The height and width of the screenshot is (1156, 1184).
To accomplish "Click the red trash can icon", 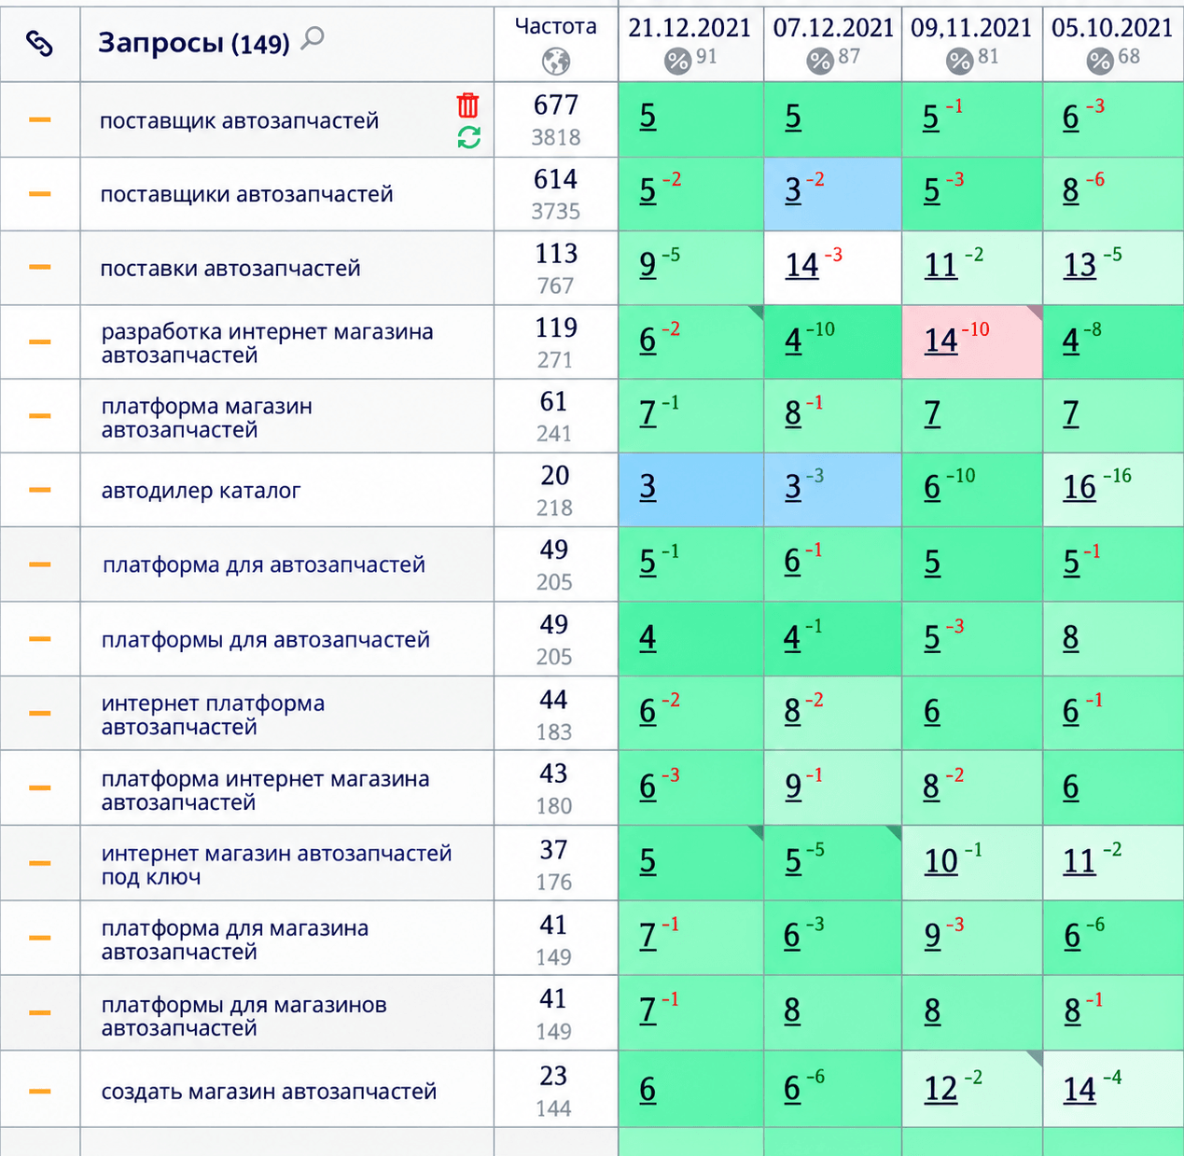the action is point(467,104).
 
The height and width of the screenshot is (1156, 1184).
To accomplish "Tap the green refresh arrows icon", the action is point(468,137).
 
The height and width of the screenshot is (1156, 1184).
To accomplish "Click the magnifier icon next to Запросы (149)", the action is point(313,38).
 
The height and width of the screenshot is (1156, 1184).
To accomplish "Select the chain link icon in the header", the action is point(39,44).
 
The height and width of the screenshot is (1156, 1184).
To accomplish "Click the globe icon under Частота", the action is point(555,62).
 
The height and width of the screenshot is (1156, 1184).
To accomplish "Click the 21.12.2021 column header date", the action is point(690,28).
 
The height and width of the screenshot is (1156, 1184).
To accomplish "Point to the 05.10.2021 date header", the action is point(1111,28).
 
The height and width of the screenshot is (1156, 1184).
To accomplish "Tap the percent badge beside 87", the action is point(819,61).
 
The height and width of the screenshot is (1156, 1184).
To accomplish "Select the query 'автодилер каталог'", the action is point(201,491).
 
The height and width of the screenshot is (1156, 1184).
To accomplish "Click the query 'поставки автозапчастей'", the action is point(230,269).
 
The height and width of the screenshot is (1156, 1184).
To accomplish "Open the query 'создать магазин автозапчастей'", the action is point(269,1092).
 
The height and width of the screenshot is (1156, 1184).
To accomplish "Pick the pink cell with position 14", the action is point(971,341).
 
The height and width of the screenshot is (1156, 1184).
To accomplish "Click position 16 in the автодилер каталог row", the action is point(1080,487).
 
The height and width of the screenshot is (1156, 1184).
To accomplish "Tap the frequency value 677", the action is point(555,104).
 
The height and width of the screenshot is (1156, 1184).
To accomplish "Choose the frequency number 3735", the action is point(555,211).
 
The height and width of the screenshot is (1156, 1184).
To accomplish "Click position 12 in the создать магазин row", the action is point(940,1089).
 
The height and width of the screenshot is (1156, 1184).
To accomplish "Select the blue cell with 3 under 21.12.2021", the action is point(691,490).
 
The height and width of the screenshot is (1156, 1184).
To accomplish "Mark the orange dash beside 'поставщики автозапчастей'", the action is point(39,194).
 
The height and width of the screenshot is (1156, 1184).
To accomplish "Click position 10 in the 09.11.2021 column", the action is point(940,861).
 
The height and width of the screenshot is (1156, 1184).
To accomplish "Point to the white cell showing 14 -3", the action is point(832,268).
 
